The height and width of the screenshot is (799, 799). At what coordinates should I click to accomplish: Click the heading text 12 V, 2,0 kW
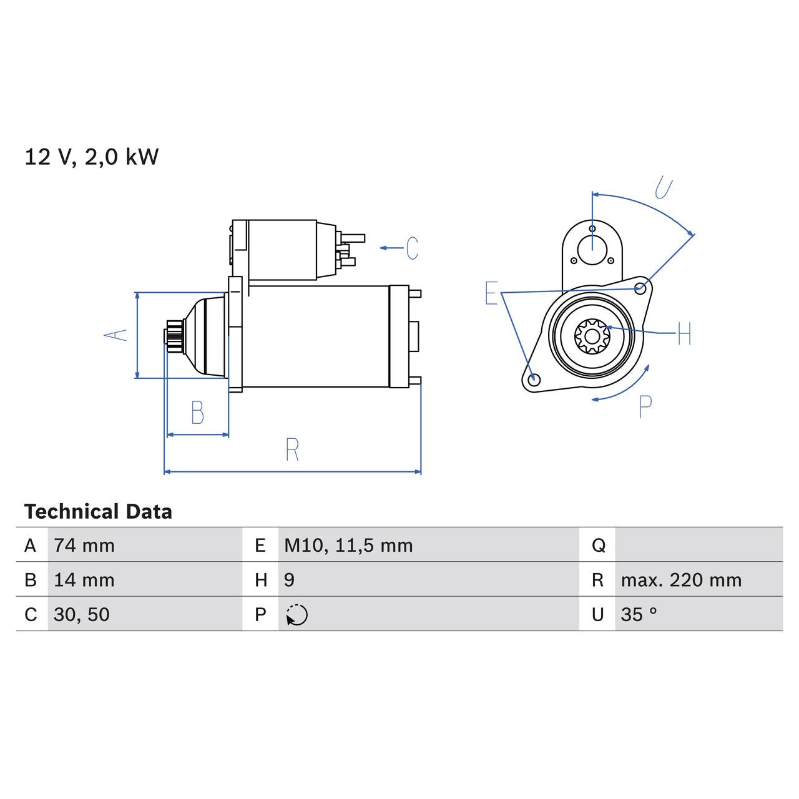[92, 157]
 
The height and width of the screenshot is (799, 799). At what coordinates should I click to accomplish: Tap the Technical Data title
[98, 512]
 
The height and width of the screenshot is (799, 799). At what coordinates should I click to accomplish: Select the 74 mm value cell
[84, 546]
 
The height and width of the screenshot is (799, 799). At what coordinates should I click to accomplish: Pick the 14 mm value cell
[84, 580]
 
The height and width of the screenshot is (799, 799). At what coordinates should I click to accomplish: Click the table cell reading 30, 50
[82, 614]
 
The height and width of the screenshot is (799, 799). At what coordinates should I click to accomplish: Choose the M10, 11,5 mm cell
[348, 546]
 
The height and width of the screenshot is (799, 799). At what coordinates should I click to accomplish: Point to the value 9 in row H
[289, 580]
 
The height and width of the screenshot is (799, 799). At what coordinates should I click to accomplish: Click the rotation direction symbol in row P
[297, 615]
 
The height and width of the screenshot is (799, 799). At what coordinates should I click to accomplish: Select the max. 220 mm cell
[681, 580]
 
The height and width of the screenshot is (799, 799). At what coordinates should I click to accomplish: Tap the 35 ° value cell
[639, 614]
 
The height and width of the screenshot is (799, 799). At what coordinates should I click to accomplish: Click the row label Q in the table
[598, 546]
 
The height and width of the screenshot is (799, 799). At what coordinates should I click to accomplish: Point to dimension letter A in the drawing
[115, 335]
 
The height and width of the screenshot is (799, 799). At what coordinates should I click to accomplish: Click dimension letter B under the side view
[197, 413]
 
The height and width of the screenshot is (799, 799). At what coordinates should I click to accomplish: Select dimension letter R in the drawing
[292, 449]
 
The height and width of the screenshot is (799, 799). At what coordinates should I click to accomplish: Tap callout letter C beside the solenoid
[412, 248]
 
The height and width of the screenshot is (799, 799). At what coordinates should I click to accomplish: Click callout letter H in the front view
[684, 334]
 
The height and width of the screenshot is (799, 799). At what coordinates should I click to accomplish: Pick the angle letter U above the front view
[663, 187]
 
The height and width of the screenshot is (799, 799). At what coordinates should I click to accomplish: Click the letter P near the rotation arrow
[645, 407]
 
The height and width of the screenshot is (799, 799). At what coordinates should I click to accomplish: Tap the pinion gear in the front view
[591, 336]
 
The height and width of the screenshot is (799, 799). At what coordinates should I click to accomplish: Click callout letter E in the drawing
[491, 293]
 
